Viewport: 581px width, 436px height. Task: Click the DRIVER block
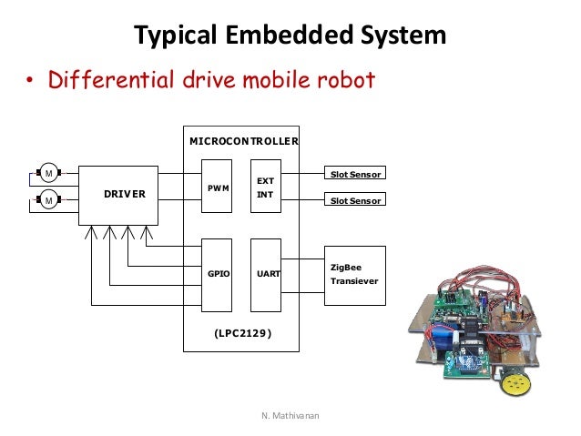[118, 195]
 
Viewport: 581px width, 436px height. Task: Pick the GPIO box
[217, 272]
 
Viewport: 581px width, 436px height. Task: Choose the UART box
[266, 272]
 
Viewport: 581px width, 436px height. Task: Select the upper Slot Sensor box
[355, 173]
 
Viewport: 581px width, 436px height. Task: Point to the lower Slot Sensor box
[355, 200]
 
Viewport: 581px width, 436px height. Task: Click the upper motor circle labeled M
[46, 172]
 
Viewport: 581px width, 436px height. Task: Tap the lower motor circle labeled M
[46, 199]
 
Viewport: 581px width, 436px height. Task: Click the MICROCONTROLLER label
[243, 142]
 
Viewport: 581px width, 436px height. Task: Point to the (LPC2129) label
[242, 333]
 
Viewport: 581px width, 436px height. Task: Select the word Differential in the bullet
[109, 81]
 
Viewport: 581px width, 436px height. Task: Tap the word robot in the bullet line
[343, 81]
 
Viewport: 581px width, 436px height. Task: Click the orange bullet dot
[29, 83]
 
